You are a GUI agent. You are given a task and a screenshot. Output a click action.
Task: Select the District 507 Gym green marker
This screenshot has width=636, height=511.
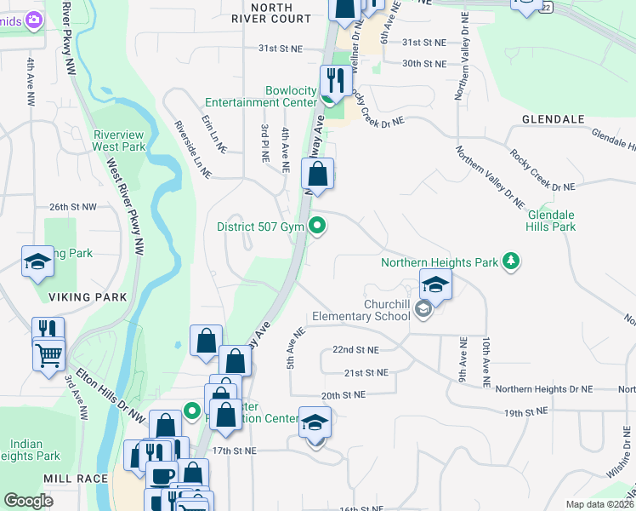[318, 227]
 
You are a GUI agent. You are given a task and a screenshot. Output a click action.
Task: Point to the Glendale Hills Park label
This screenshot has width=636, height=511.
[551, 221]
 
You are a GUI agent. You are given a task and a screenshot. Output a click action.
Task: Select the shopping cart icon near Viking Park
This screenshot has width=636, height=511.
[48, 353]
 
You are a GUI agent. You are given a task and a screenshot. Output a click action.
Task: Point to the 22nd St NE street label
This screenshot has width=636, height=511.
[355, 350]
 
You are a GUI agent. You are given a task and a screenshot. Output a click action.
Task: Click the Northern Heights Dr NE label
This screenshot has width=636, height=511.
[543, 389]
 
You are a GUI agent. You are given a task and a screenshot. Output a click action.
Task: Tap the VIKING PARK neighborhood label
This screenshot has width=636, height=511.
[88, 297]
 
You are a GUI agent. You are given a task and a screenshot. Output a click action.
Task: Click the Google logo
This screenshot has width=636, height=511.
[28, 500]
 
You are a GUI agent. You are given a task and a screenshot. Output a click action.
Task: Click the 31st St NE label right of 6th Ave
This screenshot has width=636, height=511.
[423, 43]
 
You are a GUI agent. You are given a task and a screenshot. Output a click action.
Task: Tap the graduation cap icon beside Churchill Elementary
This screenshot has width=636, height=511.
[435, 284]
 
